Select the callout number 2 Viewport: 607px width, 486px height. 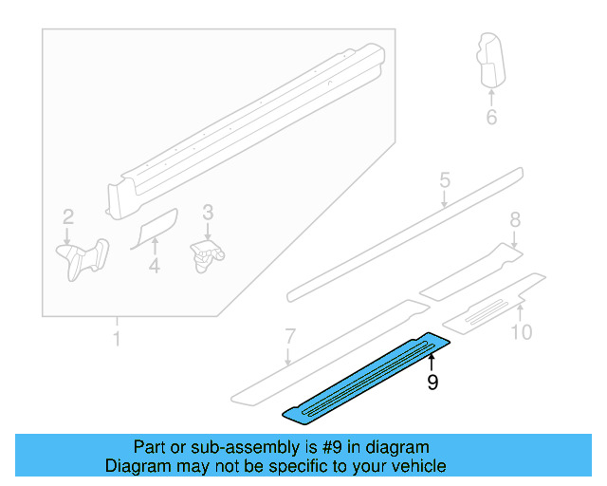coord(67,216)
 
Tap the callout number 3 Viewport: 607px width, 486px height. coord(208,213)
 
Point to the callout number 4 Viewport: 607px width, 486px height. coord(154,269)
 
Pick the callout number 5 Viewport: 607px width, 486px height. coord(444,180)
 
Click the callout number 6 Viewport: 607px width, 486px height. coord(491,118)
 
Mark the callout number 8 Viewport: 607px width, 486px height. coord(515,220)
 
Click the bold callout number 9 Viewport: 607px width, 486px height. coord(432,383)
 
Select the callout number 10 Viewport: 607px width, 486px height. coord(522,331)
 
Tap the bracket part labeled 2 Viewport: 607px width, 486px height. coord(82,257)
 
